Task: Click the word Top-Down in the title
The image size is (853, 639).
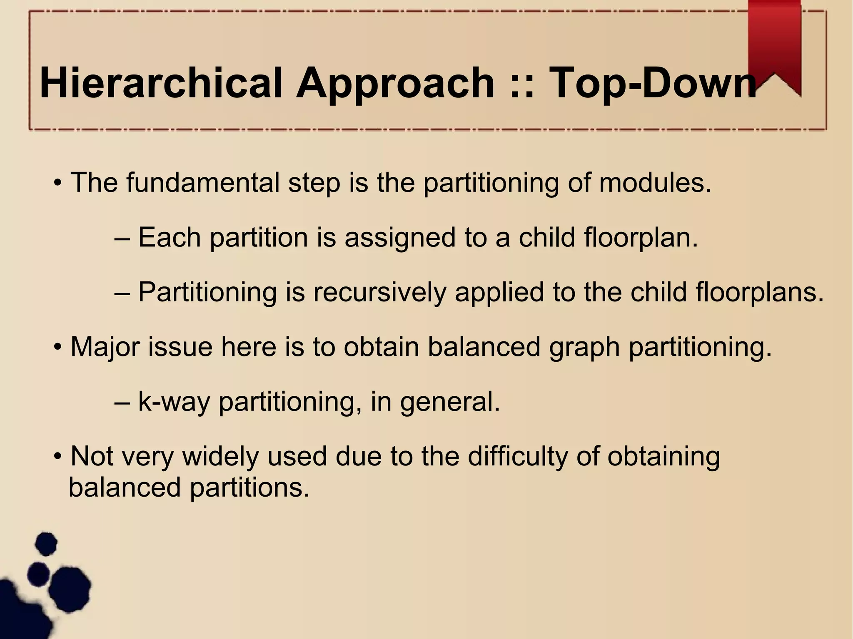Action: pyautogui.click(x=652, y=84)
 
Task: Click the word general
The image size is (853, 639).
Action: pyautogui.click(x=450, y=402)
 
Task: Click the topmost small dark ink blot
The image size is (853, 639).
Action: pyautogui.click(x=46, y=543)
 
